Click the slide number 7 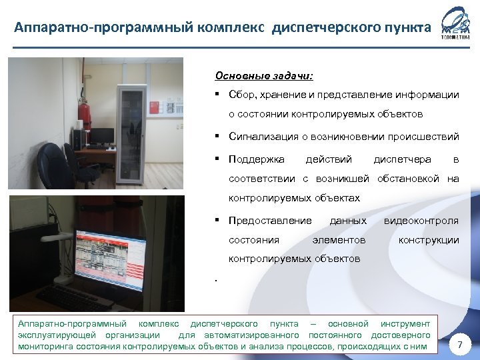(x=459, y=344)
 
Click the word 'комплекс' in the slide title (x=231, y=29)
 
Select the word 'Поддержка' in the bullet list (x=257, y=159)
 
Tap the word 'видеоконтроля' (x=420, y=220)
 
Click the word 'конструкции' (x=428, y=239)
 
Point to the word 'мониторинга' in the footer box (x=45, y=347)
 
